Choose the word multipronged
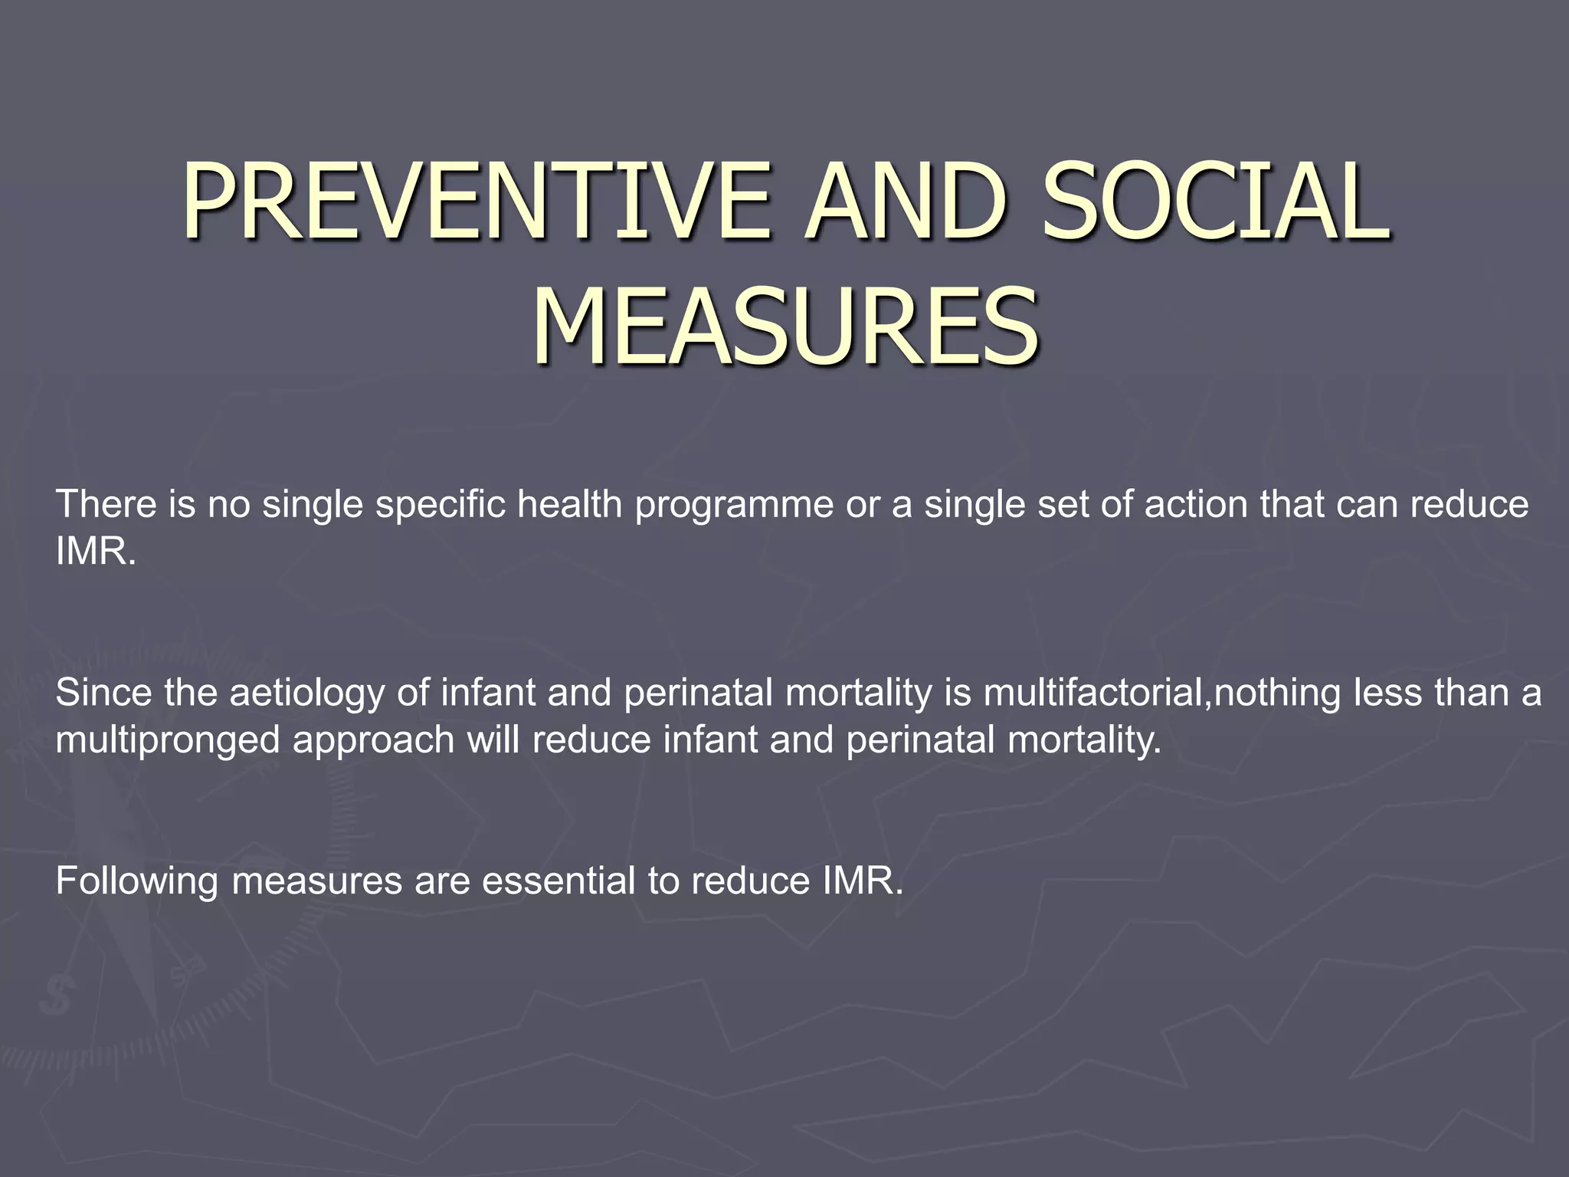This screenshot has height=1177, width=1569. click(x=167, y=741)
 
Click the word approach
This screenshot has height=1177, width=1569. click(x=373, y=741)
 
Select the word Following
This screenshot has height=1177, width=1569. click(x=136, y=881)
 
